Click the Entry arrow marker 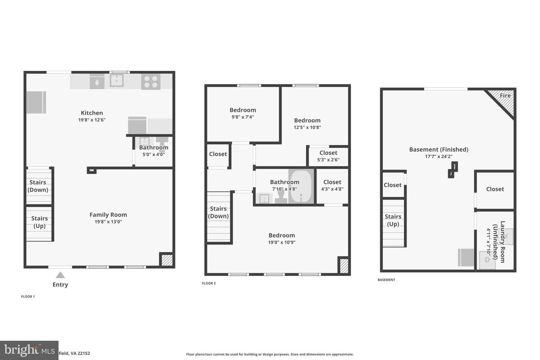[60, 275]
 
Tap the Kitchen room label [92, 113]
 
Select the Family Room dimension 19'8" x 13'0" [108, 222]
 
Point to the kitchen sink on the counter [117, 80]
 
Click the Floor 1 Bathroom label [153, 147]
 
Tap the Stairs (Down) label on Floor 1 [38, 186]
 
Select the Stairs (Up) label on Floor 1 [39, 222]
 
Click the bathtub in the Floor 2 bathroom [301, 186]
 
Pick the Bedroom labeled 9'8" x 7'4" [243, 110]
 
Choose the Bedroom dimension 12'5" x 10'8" [307, 127]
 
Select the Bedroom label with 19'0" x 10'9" [282, 235]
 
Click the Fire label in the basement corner [505, 96]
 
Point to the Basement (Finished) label [438, 150]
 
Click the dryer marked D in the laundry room [487, 259]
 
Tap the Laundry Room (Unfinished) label [499, 241]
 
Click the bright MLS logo [29, 350]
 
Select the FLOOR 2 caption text [209, 283]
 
